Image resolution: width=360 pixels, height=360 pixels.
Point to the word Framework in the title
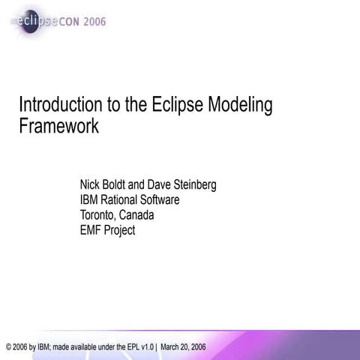[x=58, y=126]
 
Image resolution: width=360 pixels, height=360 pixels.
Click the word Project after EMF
[x=121, y=231]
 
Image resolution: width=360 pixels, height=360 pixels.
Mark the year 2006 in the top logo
[x=94, y=22]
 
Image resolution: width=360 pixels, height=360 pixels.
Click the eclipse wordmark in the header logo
[x=34, y=22]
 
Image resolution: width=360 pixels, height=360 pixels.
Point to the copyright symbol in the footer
[x=8, y=347]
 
